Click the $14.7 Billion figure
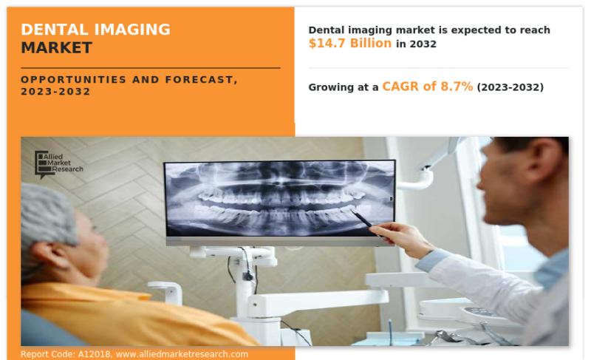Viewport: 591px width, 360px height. [x=350, y=44]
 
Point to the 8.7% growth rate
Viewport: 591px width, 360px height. [x=457, y=86]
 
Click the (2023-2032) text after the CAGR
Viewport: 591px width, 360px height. [x=510, y=87]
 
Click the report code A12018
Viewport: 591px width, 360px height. [x=95, y=354]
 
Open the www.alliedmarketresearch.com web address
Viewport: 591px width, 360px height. [x=182, y=354]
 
